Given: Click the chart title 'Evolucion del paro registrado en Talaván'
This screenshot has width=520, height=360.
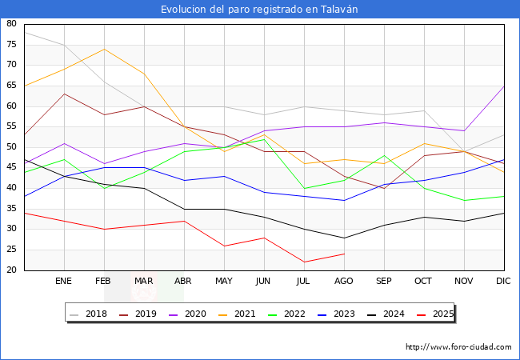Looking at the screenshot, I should point(259,10).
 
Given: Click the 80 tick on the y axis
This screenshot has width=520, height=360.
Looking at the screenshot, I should point(11,24).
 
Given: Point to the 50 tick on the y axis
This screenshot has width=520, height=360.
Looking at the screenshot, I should point(11,147).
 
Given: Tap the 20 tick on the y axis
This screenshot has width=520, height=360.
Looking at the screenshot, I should point(11,270).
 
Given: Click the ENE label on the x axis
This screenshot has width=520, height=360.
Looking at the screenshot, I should point(64,282).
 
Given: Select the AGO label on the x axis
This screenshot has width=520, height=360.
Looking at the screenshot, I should point(344,282).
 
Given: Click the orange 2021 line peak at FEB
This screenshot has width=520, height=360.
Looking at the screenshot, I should point(104,49).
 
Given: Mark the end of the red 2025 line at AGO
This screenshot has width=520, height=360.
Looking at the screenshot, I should point(344,254).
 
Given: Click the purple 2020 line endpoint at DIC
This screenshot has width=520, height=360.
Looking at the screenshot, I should point(504,86).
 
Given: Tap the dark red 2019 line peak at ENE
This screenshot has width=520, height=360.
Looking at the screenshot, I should point(64,94).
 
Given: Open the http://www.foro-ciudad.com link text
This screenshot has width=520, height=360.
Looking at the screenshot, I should point(458,347).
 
